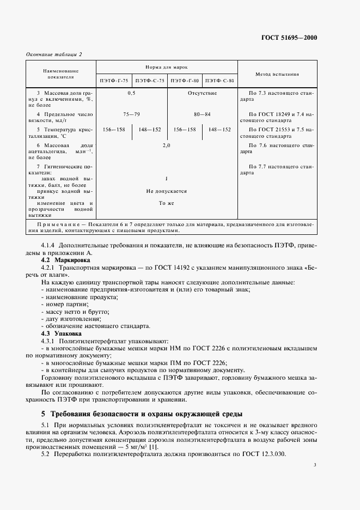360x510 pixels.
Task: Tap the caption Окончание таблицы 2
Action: [x=54, y=54]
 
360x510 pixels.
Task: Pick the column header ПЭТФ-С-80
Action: [x=220, y=81]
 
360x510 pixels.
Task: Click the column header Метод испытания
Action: [x=276, y=74]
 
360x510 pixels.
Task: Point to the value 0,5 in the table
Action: [x=131, y=93]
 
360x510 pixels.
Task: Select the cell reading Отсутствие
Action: [x=202, y=93]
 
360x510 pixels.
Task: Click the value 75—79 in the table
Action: [x=131, y=114]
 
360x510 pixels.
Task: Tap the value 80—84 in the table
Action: [x=202, y=114]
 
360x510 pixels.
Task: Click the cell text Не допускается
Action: [x=167, y=191]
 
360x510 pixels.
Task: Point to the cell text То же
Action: [x=167, y=203]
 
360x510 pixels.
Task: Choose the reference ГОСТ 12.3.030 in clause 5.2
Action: [x=265, y=455]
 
